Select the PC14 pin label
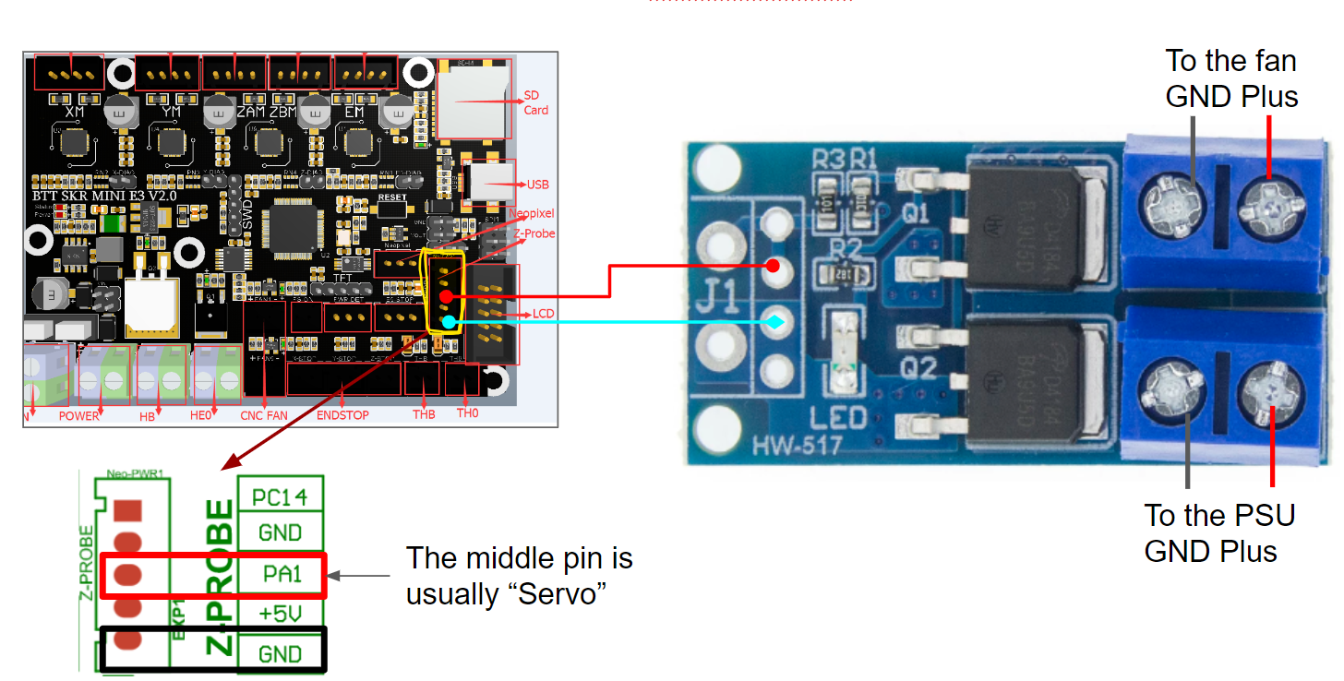(281, 496)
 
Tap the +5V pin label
(281, 614)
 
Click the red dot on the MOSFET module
(774, 267)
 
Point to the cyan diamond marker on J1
(776, 322)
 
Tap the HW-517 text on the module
(795, 447)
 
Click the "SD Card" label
(535, 102)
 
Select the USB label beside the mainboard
(537, 185)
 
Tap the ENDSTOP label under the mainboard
(342, 415)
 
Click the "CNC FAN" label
(263, 415)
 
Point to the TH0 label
(468, 414)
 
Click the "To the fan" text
(1230, 61)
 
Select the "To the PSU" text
(1218, 515)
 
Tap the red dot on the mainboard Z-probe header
(445, 296)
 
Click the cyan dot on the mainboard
(448, 321)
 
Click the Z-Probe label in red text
(534, 233)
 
